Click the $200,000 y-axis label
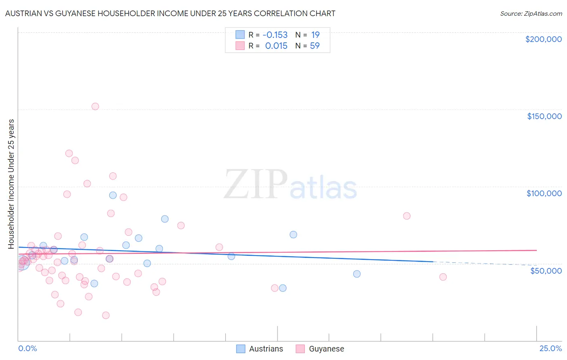point(543,39)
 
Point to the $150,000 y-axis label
point(544,116)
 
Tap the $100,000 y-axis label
point(544,193)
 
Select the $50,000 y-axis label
point(546,271)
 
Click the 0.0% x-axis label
point(27,348)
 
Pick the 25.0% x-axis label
point(550,348)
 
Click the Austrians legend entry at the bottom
point(260,349)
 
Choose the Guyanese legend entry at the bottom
point(320,349)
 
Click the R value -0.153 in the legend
point(275,35)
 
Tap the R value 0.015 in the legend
point(276,46)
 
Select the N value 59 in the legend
point(315,46)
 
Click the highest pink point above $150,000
point(95,107)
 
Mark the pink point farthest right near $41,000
point(443,277)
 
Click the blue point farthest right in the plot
point(356,274)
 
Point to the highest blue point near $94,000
point(113,195)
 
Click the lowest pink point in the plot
point(106,315)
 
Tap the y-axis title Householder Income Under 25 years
point(11,184)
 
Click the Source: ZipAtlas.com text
point(531,14)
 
